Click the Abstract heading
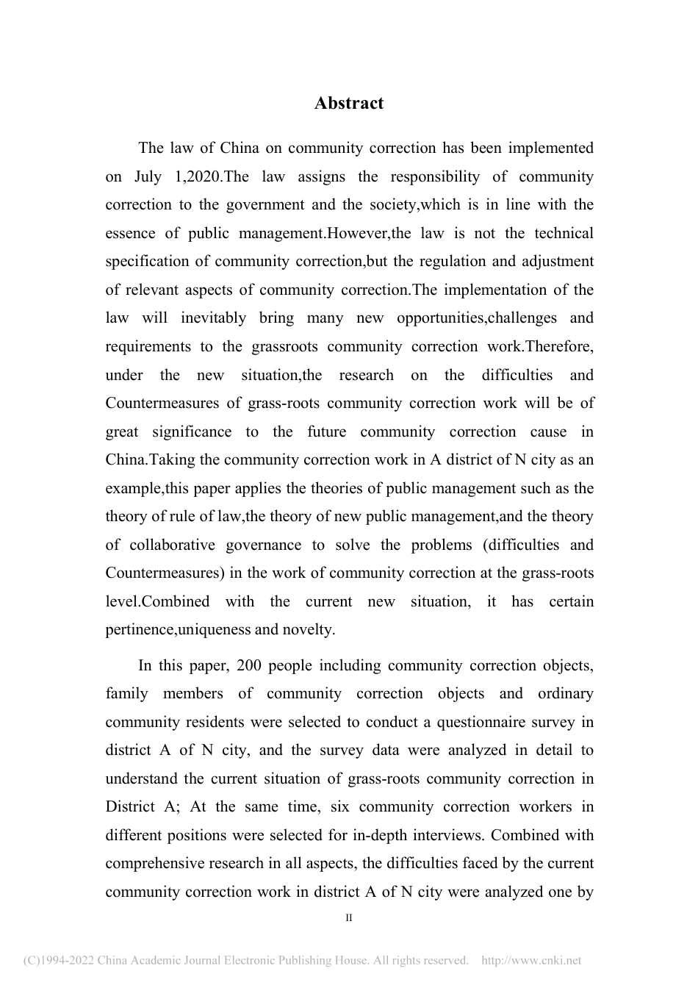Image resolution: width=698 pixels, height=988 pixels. click(348, 104)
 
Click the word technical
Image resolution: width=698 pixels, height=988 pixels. click(564, 233)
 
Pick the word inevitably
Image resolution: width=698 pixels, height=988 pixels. click(214, 318)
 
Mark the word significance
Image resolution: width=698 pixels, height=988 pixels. click(192, 432)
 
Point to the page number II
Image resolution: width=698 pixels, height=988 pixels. click(349, 918)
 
